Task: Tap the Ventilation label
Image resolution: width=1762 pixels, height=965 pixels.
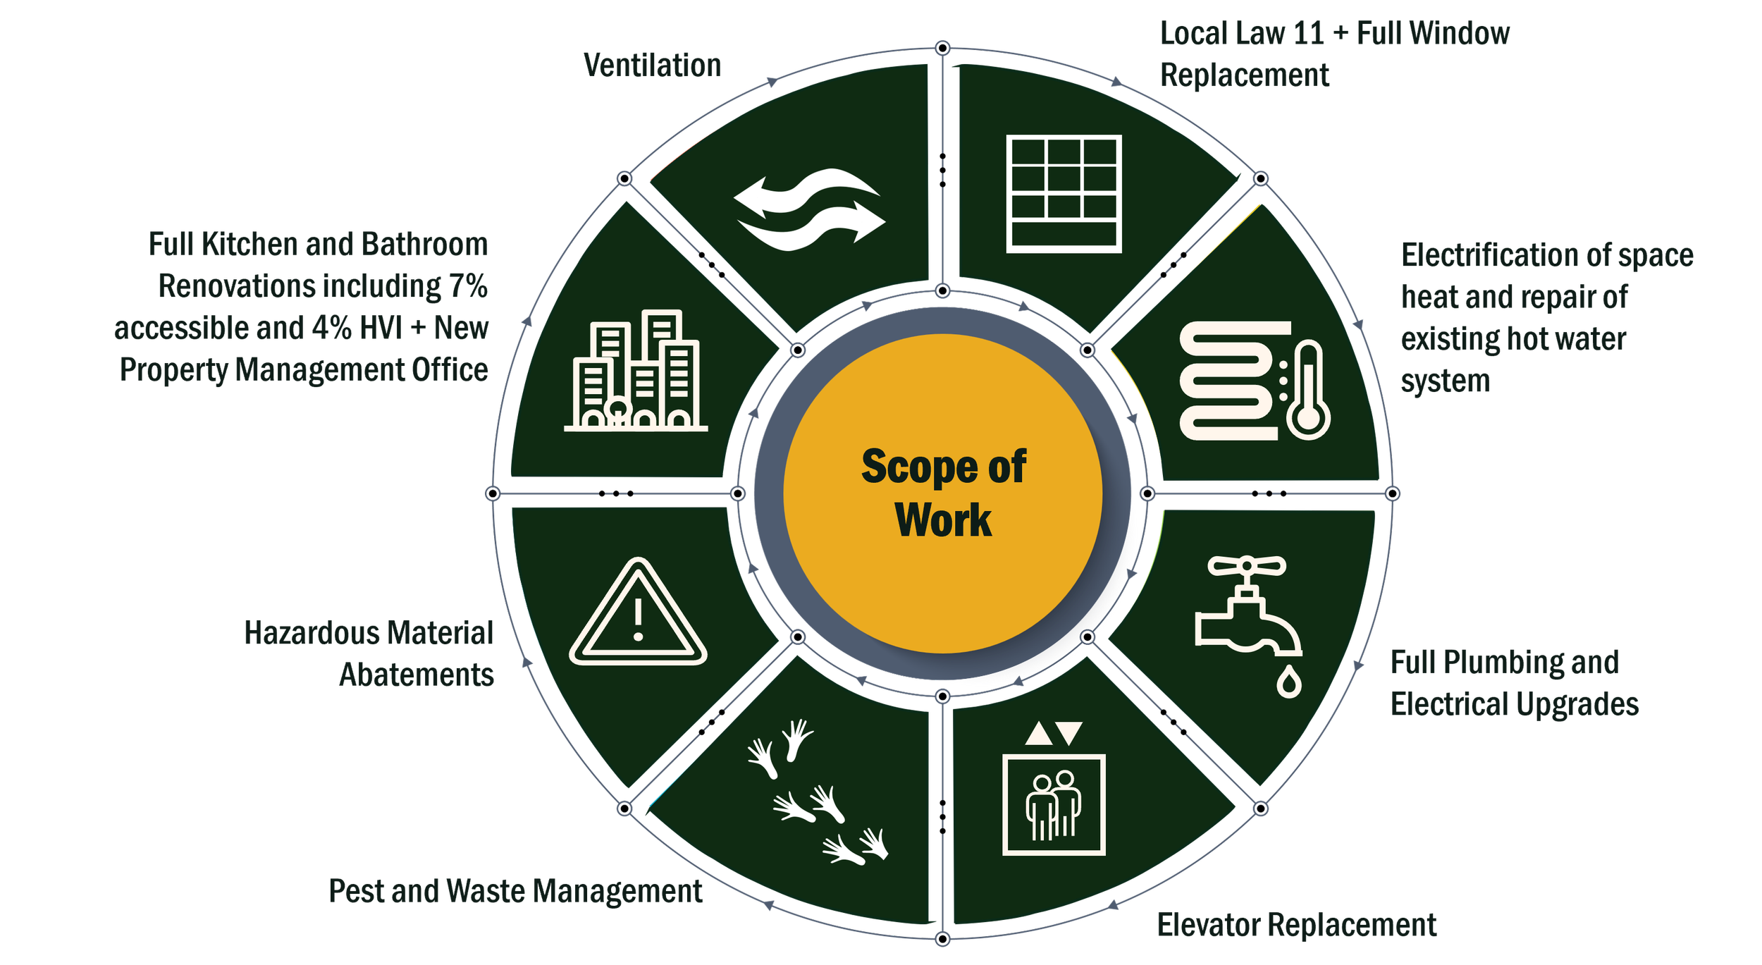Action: pyautogui.click(x=652, y=66)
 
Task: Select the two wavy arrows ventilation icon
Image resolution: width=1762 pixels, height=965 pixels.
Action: pyautogui.click(x=809, y=209)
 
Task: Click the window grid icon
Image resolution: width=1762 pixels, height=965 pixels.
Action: pyautogui.click(x=1063, y=193)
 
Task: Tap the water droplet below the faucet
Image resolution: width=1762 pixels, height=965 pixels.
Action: pyautogui.click(x=1288, y=682)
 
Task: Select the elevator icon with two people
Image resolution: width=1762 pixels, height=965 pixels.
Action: pyautogui.click(x=1053, y=805)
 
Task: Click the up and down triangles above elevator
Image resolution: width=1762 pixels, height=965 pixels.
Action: pyautogui.click(x=1053, y=734)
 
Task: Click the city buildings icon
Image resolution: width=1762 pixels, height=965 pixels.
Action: pyautogui.click(x=636, y=370)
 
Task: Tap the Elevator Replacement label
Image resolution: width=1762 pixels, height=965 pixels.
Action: pyautogui.click(x=1296, y=925)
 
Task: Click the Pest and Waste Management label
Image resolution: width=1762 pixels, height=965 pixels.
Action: pyautogui.click(x=515, y=891)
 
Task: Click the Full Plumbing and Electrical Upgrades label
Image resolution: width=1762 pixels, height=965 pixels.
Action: pyautogui.click(x=1514, y=682)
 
